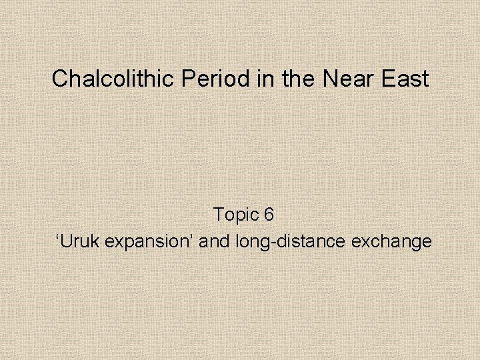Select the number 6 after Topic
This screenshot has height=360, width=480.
tap(269, 215)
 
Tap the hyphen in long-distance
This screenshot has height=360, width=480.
tap(269, 243)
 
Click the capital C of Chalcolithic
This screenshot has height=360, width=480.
tap(60, 79)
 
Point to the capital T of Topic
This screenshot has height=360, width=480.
tap(219, 215)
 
